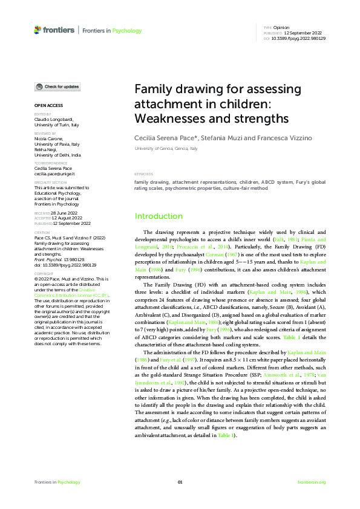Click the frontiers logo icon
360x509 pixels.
(38, 30)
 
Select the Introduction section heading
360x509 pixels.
(158, 216)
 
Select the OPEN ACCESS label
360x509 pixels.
(47, 105)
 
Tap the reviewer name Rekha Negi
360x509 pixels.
(46, 149)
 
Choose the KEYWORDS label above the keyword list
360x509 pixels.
(143, 174)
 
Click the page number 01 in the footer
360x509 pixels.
(180, 482)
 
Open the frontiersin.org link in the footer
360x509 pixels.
(312, 482)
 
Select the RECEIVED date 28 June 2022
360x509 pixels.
(64, 213)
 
